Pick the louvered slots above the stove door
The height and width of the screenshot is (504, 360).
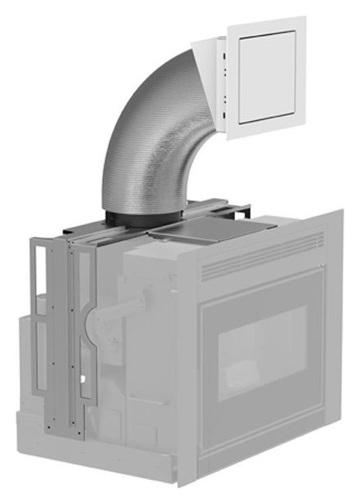pyautogui.click(x=261, y=256)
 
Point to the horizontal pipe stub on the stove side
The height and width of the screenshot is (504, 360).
pyautogui.click(x=127, y=311)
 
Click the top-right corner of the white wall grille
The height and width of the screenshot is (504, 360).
pyautogui.click(x=304, y=18)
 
